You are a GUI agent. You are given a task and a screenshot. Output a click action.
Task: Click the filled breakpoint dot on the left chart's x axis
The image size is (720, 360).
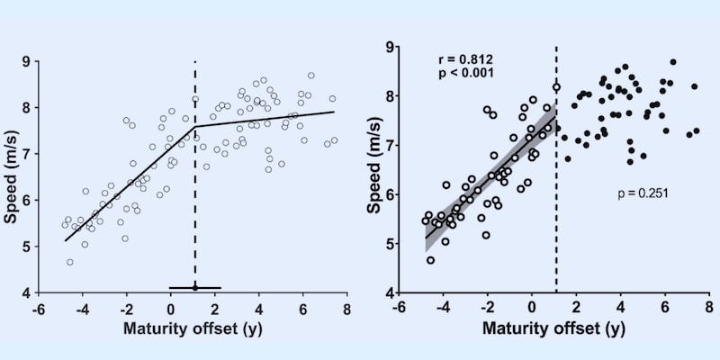coord(195,288)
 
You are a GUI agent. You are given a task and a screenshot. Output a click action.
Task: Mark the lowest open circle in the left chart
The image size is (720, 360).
coord(70,262)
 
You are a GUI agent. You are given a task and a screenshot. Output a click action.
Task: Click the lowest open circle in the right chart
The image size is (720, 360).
coord(430,260)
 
